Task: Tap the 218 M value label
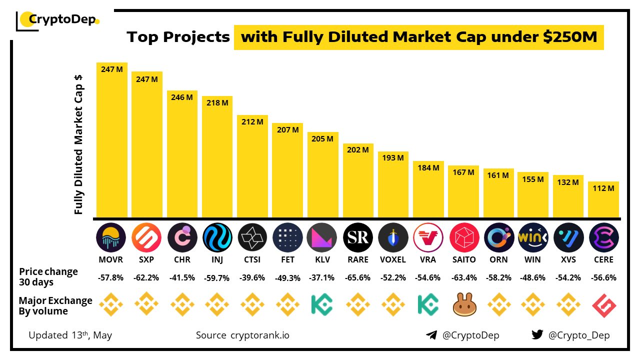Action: coord(217,102)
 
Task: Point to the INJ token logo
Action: coord(217,237)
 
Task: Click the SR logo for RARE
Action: coord(358,237)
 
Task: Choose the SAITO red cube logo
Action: coord(463,237)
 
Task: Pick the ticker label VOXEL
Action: coord(393,259)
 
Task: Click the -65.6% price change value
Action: coord(358,278)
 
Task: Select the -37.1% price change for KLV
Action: coord(323,278)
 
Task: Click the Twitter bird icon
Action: coord(537,335)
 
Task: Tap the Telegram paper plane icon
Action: coord(431,335)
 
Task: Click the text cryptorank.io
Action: coord(259,335)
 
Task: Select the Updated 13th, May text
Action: coord(70,335)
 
